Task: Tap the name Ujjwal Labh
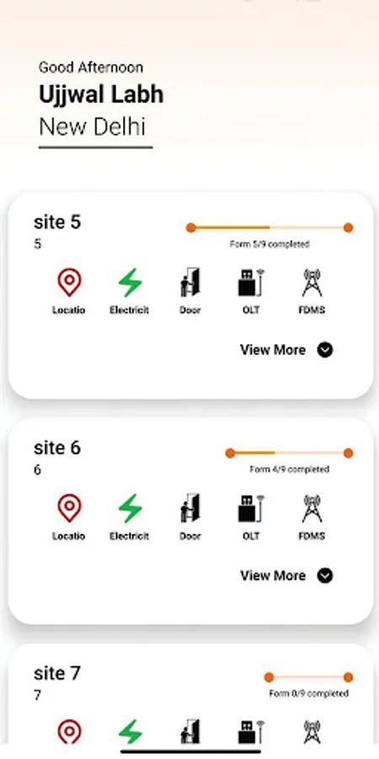pos(101,94)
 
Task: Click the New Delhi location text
pos(92,126)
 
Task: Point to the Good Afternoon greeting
pos(91,67)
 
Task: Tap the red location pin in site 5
pos(69,283)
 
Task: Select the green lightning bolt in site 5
pos(130,283)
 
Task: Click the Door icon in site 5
pos(190,283)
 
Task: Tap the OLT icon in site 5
pos(251,283)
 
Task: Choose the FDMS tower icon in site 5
pos(312,283)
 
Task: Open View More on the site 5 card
pos(286,349)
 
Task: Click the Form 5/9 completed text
pos(270,244)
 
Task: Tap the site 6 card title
pos(57,448)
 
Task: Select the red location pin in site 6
pos(69,509)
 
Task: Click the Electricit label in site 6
pos(129,536)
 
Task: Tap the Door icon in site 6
pos(190,508)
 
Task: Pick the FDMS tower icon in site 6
pos(312,509)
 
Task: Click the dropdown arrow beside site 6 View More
pos(325,575)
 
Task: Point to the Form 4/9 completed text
pos(289,469)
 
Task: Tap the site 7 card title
pos(57,673)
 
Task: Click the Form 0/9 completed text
pos(308,694)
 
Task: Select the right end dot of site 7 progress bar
pos(348,677)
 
